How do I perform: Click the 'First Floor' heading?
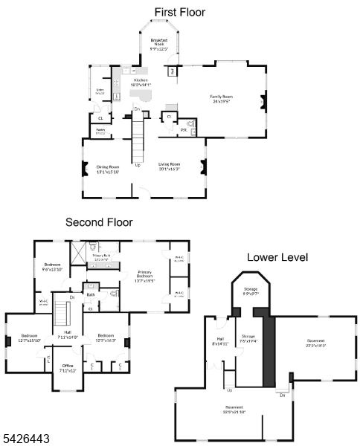(179, 12)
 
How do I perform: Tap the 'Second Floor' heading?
(99, 222)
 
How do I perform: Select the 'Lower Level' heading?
(277, 257)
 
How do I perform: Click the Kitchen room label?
(141, 83)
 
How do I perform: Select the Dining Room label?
(109, 169)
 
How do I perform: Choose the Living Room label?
(169, 167)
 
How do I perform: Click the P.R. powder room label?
(183, 130)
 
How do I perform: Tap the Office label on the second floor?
(68, 368)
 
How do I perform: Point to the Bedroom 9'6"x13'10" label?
(52, 268)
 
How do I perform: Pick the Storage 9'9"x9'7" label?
(249, 291)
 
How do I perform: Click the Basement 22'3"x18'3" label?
(316, 343)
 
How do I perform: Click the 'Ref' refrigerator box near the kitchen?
(172, 71)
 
